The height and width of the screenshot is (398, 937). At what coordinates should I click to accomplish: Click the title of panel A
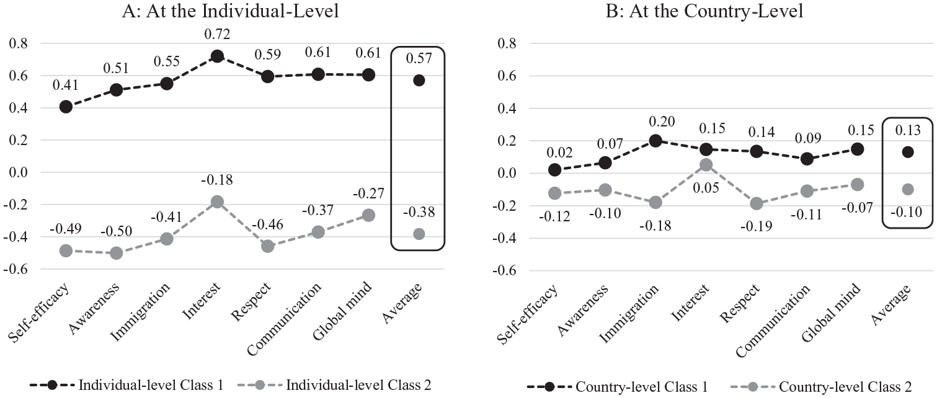pos(230,11)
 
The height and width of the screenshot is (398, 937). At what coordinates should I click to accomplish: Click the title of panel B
pos(704,11)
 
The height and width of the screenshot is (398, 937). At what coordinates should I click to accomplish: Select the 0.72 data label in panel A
pos(217,34)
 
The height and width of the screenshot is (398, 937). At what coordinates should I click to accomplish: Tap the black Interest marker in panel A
pos(217,56)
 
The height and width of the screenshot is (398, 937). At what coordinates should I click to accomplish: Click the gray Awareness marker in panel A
pos(117,253)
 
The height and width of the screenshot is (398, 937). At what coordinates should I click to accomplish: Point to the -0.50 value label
pos(117,231)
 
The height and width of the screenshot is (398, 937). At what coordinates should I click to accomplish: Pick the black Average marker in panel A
pos(419,80)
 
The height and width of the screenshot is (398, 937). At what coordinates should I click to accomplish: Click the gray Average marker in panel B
pos(908,189)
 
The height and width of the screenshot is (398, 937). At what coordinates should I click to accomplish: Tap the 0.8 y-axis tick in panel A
pos(18,43)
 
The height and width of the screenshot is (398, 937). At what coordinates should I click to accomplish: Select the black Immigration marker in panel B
pos(655,141)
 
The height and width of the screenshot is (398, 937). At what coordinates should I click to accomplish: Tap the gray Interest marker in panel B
pos(706,165)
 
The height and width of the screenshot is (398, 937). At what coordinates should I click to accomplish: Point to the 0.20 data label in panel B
pos(662,122)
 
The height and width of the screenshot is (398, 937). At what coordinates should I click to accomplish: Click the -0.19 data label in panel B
pos(757,226)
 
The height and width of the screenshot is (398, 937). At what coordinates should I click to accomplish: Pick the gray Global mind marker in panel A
pos(368,215)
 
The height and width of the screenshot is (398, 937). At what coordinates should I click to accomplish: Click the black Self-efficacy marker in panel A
pos(66,107)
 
